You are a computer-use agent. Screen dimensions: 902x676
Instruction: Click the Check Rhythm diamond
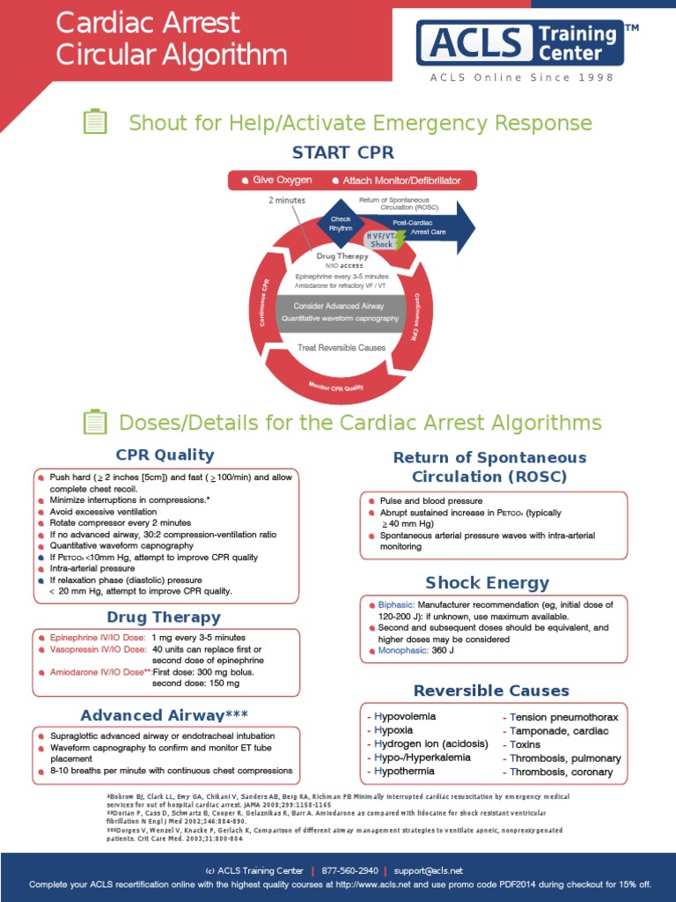point(341,224)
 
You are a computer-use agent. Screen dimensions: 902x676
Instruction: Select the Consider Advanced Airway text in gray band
point(339,306)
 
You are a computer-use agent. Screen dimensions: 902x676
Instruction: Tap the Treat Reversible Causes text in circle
point(341,348)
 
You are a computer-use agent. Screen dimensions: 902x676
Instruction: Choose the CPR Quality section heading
point(165,455)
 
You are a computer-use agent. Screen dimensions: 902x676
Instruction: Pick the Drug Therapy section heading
point(164,617)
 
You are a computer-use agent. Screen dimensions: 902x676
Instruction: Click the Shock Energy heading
point(487,582)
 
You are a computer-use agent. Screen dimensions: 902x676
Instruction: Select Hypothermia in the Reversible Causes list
point(406,772)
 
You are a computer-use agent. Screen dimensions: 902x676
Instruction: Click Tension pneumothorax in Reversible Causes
point(563,717)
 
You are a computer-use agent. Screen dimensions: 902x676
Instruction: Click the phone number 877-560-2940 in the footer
point(349,870)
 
